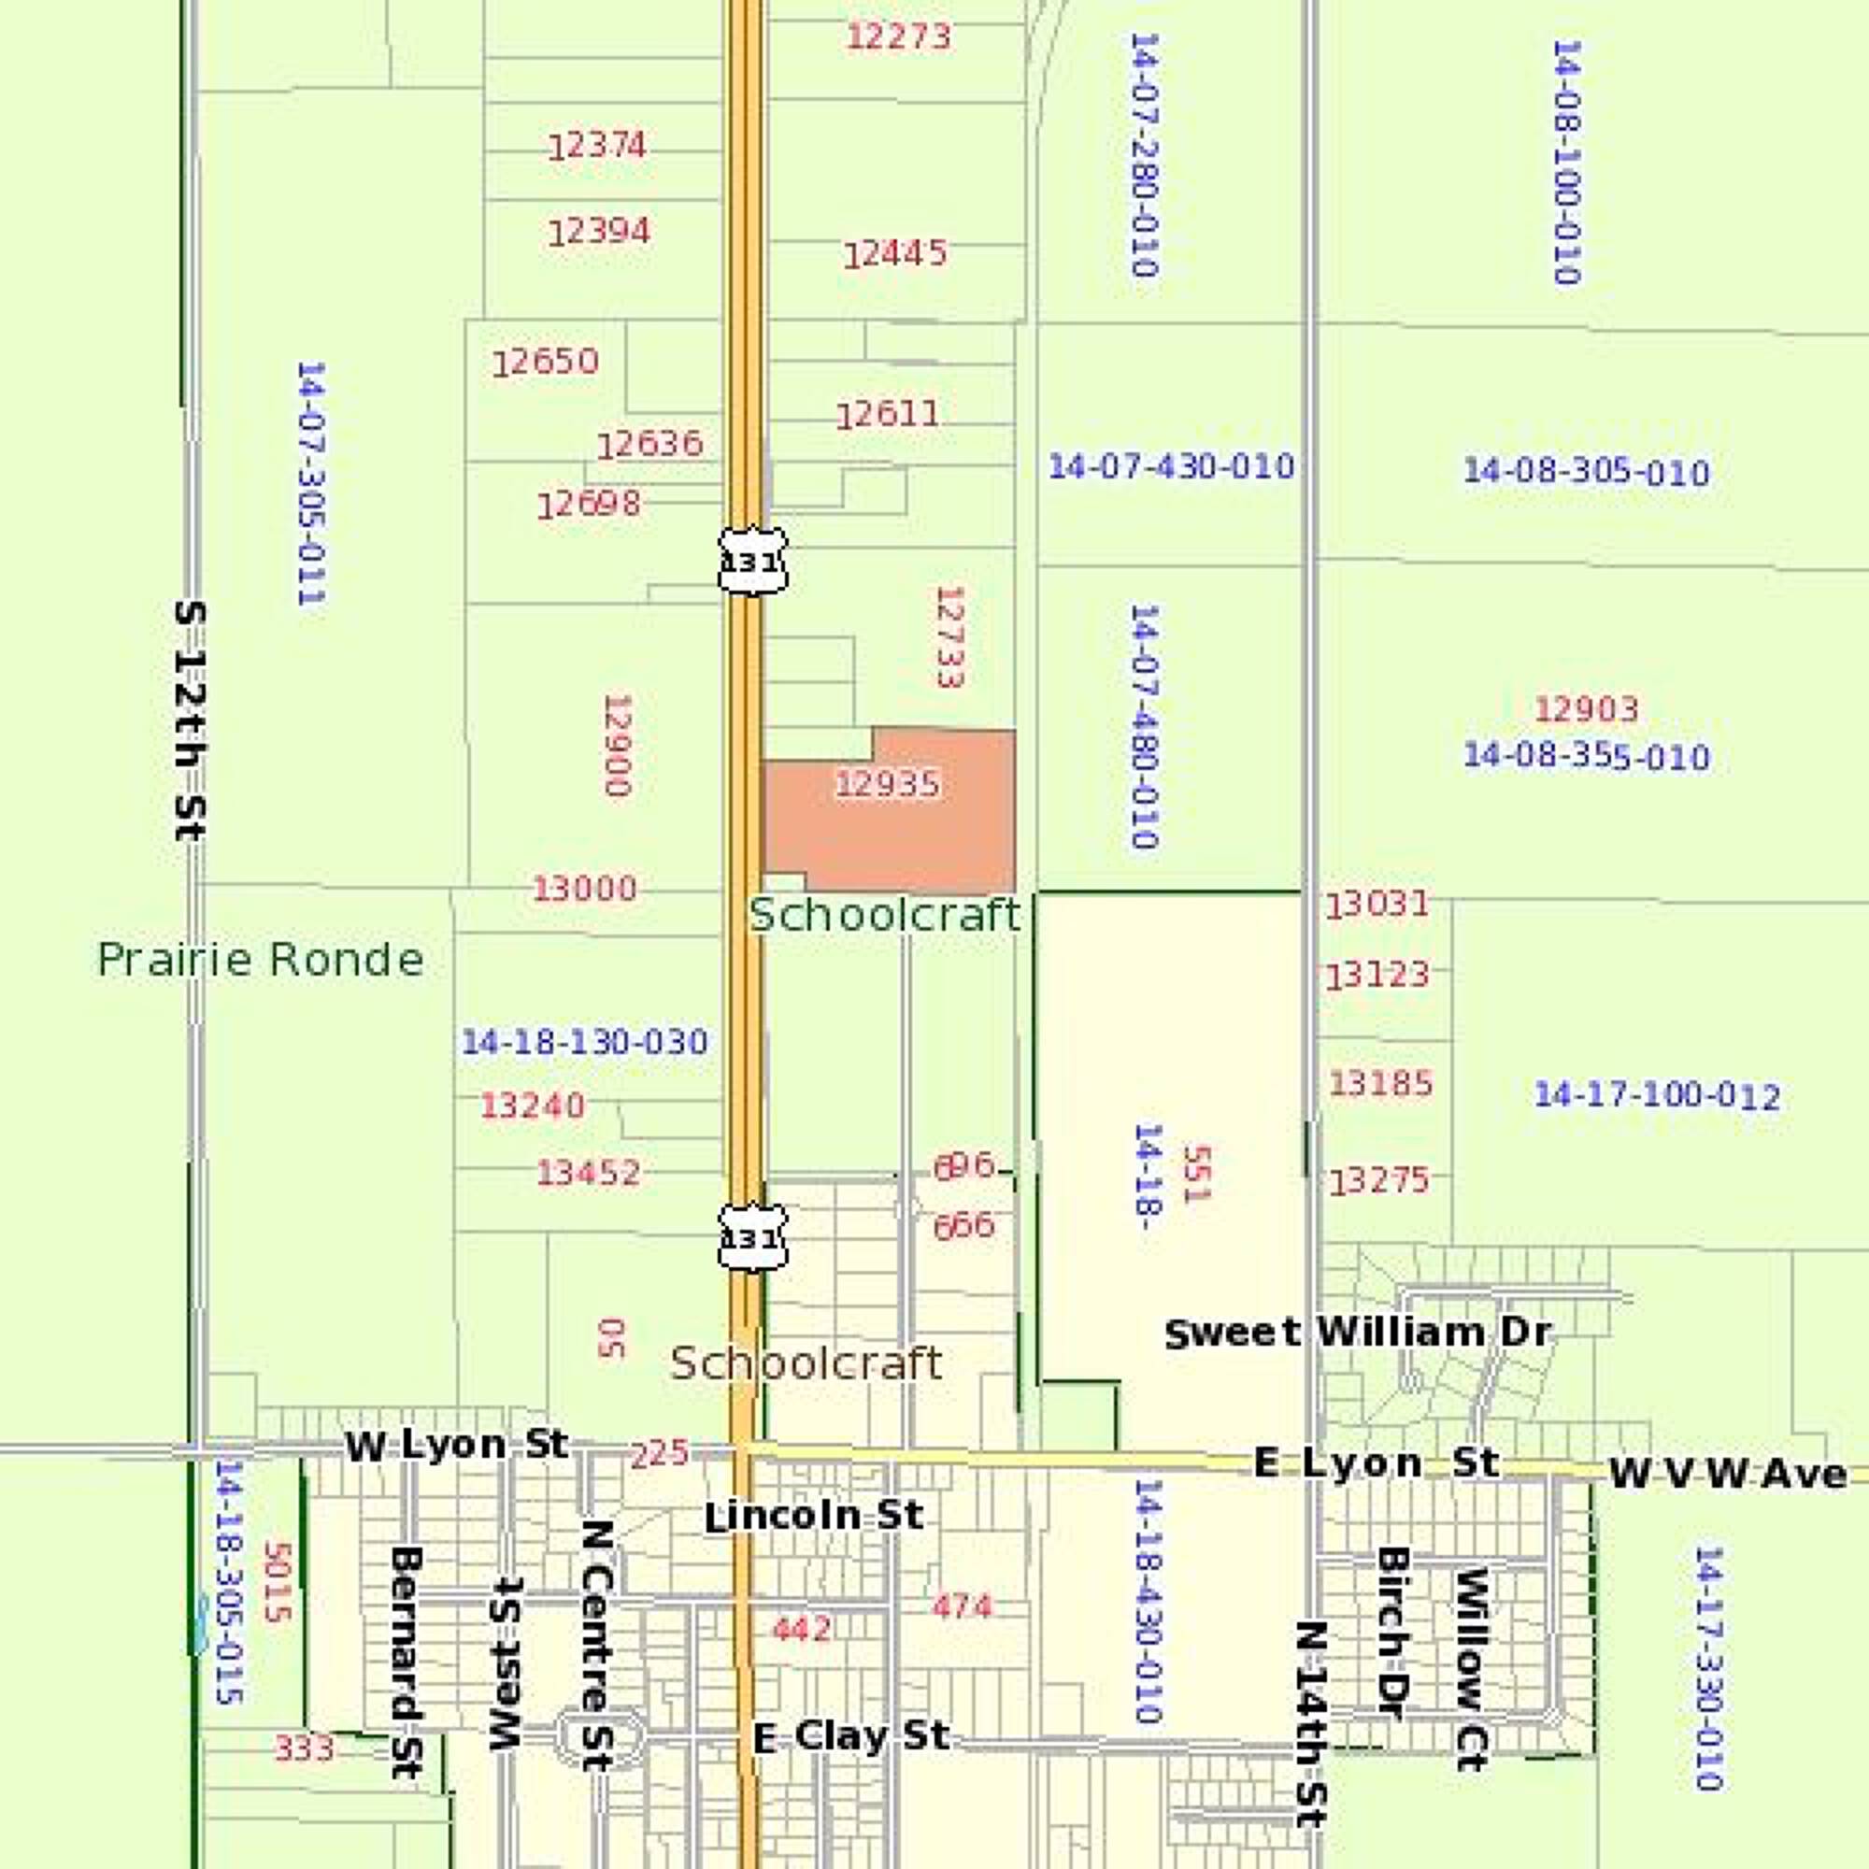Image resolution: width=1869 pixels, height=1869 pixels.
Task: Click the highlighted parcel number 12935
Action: point(887,784)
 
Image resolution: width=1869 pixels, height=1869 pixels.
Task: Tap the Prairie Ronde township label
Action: point(260,960)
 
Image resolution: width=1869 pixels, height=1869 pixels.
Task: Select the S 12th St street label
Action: point(190,720)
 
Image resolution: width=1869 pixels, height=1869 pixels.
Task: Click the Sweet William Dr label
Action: point(1357,1334)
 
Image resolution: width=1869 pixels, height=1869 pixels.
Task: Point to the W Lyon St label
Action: point(457,1447)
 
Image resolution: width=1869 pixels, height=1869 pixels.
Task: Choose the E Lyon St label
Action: point(1376,1462)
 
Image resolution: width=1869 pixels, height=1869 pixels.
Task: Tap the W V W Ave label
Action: point(1728,1475)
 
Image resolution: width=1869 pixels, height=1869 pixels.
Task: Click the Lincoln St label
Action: point(814,1516)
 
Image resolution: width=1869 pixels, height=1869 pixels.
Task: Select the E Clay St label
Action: point(851,1736)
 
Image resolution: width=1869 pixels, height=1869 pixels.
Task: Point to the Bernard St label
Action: point(406,1661)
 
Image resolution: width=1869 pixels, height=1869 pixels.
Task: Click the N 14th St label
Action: point(1311,1723)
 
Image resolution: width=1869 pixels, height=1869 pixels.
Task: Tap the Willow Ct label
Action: point(1470,1669)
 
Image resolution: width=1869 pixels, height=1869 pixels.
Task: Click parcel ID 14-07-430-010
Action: point(1171,466)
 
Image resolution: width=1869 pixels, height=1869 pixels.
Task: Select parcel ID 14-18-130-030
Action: point(584,1042)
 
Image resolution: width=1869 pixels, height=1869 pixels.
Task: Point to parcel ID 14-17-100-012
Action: point(1657,1095)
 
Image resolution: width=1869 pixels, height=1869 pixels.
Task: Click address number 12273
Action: point(899,36)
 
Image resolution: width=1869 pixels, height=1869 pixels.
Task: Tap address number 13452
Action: point(588,1173)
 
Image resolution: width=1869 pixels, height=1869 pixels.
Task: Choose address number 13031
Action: point(1377,906)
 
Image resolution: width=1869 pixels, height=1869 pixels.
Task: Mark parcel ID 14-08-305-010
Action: point(1586,472)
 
